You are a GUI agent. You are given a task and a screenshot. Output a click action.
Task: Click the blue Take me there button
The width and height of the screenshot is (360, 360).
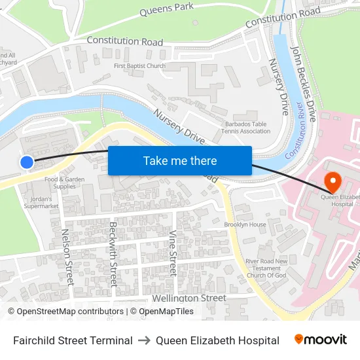(180, 160)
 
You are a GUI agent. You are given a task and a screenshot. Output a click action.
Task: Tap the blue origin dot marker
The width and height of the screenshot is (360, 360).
(27, 162)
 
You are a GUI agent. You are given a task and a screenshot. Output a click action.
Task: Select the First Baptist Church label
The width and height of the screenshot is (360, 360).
(139, 66)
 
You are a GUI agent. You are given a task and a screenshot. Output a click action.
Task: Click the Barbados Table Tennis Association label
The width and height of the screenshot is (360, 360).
(245, 127)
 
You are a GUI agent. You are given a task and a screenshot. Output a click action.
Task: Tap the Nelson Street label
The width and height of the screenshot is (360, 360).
(67, 255)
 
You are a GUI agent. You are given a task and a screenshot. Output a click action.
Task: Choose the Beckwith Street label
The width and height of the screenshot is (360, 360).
(113, 254)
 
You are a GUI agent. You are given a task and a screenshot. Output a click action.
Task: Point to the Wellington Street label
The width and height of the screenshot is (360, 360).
(189, 298)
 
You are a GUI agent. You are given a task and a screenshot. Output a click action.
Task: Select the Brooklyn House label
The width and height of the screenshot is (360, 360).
(245, 225)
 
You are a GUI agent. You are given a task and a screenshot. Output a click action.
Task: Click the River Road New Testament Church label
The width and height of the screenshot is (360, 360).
(266, 268)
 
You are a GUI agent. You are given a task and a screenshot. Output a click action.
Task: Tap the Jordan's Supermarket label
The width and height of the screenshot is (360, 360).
(41, 202)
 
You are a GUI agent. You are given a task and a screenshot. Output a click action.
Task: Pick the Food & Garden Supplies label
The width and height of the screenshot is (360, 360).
(64, 183)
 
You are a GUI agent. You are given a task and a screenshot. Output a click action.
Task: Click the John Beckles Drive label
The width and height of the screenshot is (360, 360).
(304, 84)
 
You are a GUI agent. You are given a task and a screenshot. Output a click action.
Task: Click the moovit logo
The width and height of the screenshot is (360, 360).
(320, 340)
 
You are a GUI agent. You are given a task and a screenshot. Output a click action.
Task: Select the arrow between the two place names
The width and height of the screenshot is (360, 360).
(144, 340)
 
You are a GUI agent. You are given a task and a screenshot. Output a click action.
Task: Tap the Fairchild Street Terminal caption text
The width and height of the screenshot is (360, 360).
(73, 340)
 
